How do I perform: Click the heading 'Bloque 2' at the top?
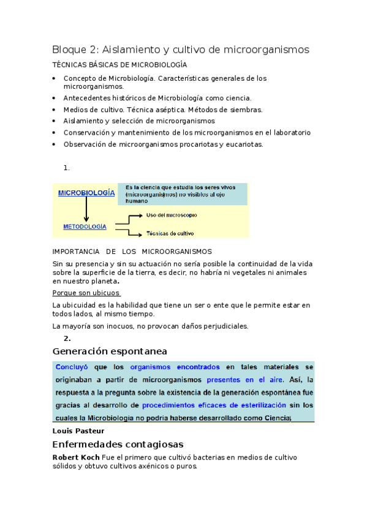click(x=72, y=49)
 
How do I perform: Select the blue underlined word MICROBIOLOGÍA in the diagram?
click(x=86, y=192)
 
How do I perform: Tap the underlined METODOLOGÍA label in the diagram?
click(x=85, y=226)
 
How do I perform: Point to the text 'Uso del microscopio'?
click(x=172, y=215)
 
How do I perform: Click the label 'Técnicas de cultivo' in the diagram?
click(x=170, y=233)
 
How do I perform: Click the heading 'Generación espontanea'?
click(x=110, y=351)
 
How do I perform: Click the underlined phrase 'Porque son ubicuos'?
click(x=86, y=293)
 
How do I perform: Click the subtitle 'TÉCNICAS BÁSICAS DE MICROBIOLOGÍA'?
click(x=119, y=65)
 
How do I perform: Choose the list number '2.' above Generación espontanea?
click(x=67, y=338)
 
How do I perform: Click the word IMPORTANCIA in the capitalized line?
click(x=75, y=252)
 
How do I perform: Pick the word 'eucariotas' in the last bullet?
click(x=243, y=144)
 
